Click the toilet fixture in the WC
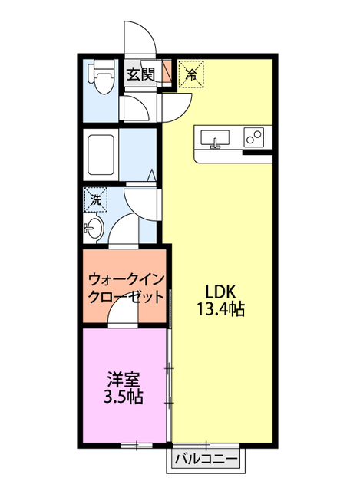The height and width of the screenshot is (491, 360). point(101,78)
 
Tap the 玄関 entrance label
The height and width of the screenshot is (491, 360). point(141,74)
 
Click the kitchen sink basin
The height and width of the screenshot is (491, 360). point(216,138)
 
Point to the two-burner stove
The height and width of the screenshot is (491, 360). point(253,138)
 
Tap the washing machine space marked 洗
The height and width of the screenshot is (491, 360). point(97,199)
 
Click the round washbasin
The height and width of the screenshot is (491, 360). point(94,227)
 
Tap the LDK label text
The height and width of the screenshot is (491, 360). point(223,292)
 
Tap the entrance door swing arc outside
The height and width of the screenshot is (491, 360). point(140,35)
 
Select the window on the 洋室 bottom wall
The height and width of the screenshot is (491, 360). point(135,445)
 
